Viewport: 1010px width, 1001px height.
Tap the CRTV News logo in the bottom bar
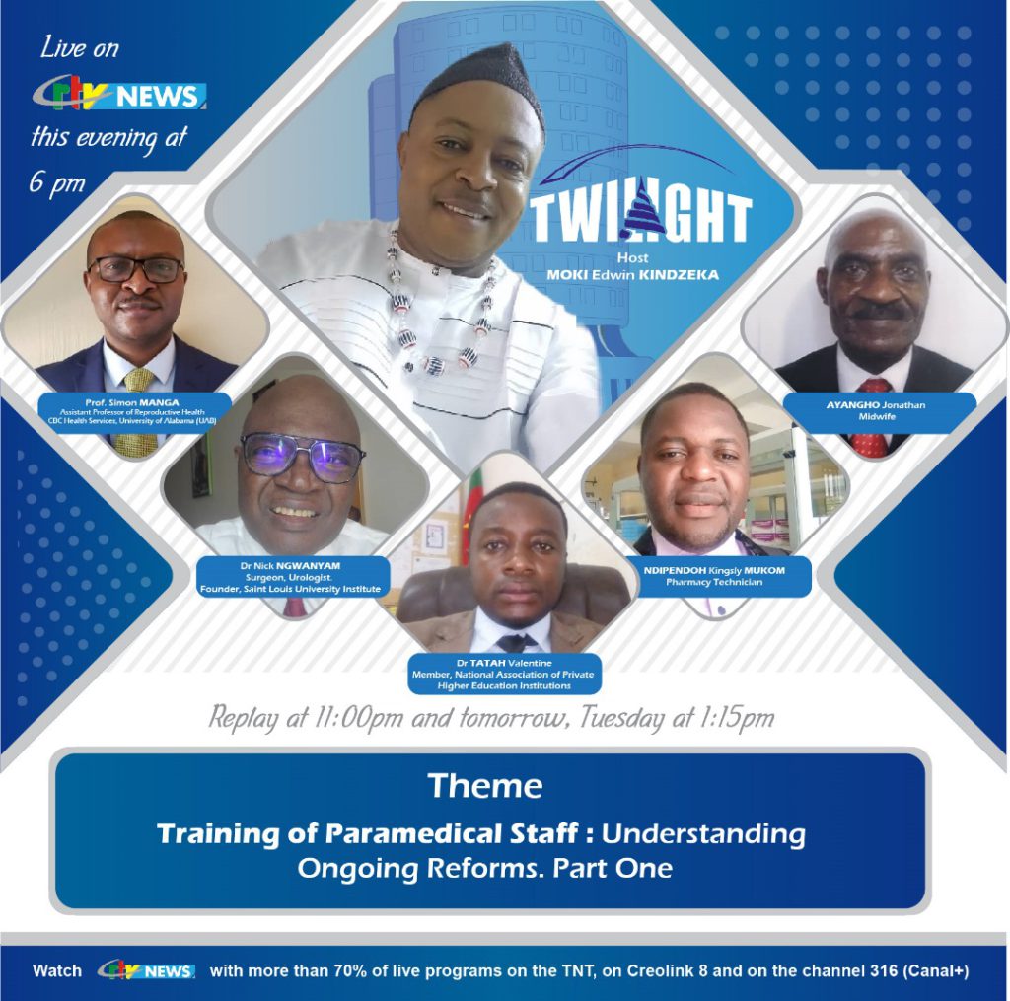click(146, 970)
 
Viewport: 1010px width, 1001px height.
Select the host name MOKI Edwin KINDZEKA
click(632, 275)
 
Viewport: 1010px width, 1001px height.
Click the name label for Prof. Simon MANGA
click(132, 402)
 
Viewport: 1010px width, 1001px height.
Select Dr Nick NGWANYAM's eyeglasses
click(302, 456)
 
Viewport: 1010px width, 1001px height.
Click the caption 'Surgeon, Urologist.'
click(289, 577)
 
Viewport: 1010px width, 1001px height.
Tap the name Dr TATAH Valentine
click(504, 662)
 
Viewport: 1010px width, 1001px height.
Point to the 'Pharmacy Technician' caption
click(714, 582)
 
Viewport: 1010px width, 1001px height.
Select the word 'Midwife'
click(877, 417)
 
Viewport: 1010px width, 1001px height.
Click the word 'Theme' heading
click(485, 786)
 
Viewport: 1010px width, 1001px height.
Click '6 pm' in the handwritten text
click(56, 182)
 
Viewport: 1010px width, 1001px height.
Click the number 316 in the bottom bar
click(884, 970)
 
